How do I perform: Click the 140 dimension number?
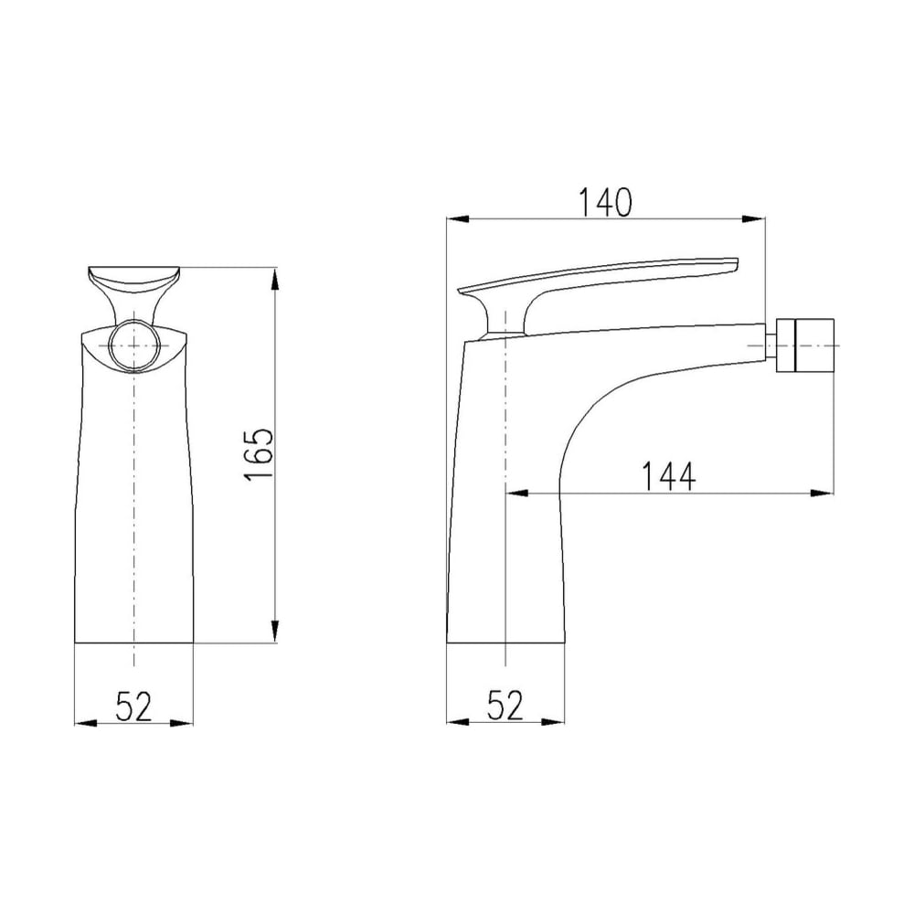tap(604, 202)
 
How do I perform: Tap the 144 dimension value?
tap(668, 476)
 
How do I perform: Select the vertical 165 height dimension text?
tap(259, 454)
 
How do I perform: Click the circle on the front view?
tap(134, 345)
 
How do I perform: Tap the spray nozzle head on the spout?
tap(805, 345)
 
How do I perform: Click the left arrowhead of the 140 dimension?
tap(458, 219)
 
